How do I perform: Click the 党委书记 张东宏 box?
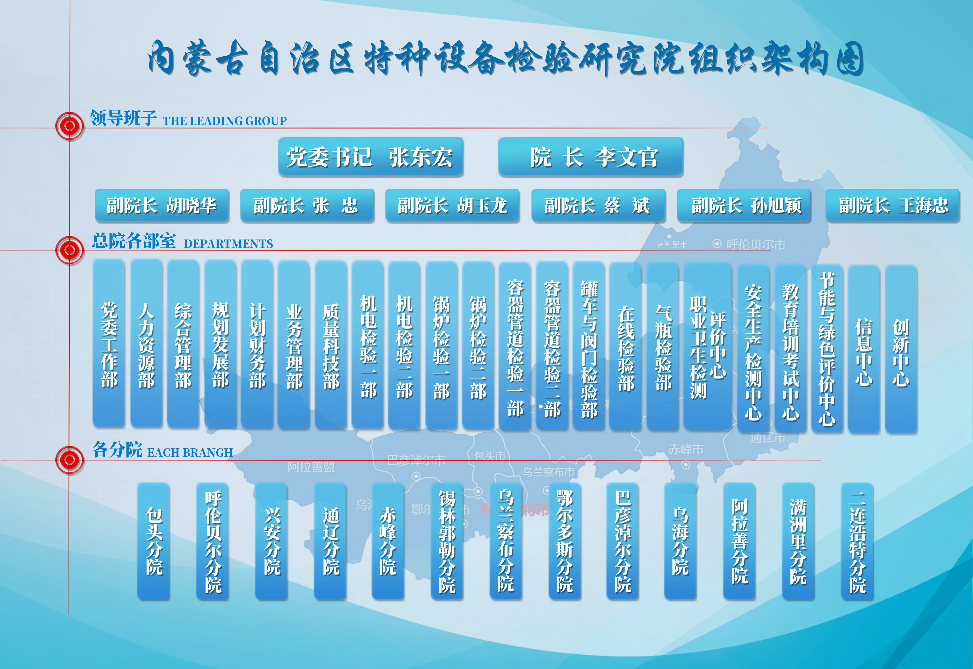pos(370,157)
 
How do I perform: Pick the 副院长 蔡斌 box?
pos(598,205)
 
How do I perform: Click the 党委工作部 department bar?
pos(109,344)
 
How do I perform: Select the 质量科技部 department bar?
pos(331,345)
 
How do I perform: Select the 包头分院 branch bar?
pos(154,541)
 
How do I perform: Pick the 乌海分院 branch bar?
pos(680,541)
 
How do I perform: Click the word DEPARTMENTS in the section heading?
pos(228,244)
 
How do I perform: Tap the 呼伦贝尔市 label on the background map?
pos(755,244)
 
